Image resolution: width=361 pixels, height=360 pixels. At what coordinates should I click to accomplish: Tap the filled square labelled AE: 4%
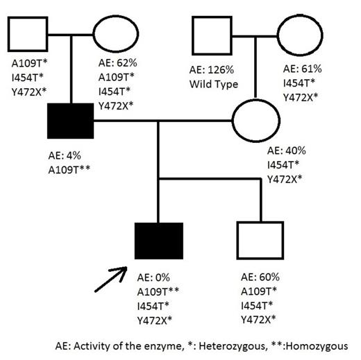coord(70,120)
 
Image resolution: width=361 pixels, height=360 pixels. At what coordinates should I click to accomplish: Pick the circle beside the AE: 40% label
coord(256,121)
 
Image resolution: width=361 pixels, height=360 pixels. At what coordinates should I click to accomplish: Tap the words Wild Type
coord(214,85)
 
